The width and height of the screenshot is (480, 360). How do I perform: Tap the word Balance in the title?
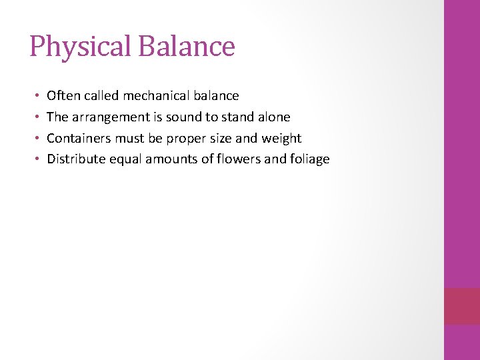click(x=187, y=47)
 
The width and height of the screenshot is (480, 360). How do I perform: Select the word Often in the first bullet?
click(x=63, y=96)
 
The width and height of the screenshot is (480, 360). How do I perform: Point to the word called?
click(x=101, y=96)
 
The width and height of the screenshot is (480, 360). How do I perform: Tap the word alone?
click(x=273, y=117)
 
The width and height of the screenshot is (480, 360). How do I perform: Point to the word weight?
click(x=283, y=139)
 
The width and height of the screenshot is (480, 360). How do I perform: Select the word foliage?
click(x=307, y=159)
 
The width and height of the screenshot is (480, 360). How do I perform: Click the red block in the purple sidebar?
click(x=461, y=306)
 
